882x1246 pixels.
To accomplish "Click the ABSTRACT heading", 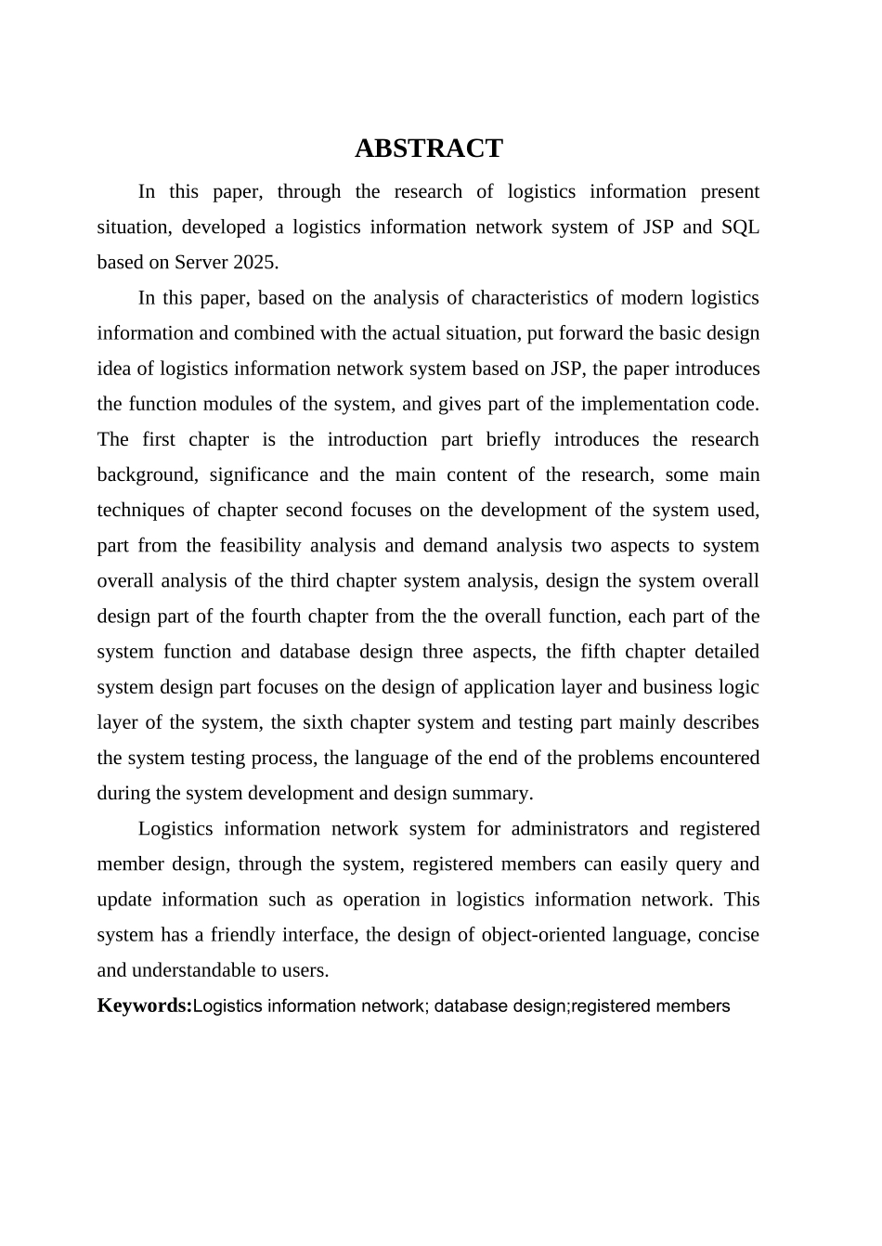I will (428, 149).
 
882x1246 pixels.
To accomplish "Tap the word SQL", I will (740, 227).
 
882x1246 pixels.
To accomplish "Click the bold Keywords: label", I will (144, 1006).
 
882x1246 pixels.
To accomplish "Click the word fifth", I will (598, 652).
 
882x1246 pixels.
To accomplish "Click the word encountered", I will (709, 759).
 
